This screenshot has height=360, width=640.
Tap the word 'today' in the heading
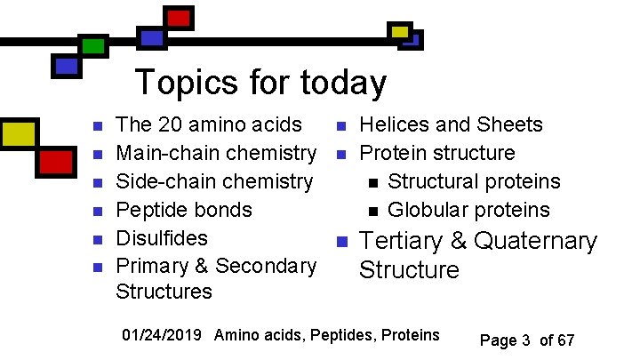(x=345, y=84)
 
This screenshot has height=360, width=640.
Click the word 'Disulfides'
(x=162, y=238)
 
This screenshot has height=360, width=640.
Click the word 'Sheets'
(x=509, y=124)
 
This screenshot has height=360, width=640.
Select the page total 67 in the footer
(x=565, y=340)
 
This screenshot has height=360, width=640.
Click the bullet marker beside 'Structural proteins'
(x=372, y=183)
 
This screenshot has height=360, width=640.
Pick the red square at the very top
(x=179, y=17)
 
